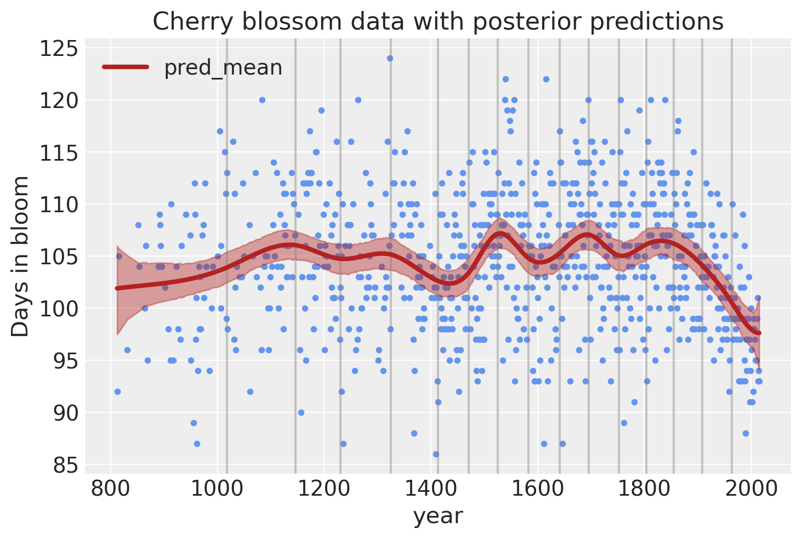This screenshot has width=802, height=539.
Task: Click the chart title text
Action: pos(437,22)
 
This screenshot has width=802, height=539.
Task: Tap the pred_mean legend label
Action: pos(223,67)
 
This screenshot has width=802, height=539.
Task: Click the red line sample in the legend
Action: pos(126,67)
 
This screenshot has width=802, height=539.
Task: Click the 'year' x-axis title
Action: pos(437,517)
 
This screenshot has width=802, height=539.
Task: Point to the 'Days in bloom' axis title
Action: pos(21,256)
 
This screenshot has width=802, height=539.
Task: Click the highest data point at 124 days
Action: pos(390,58)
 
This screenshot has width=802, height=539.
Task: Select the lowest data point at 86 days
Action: pos(436,454)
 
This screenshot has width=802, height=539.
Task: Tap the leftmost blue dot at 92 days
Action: pos(117,392)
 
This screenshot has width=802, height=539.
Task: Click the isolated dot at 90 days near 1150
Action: pos(301,412)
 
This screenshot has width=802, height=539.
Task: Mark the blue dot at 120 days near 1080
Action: pos(262,100)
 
